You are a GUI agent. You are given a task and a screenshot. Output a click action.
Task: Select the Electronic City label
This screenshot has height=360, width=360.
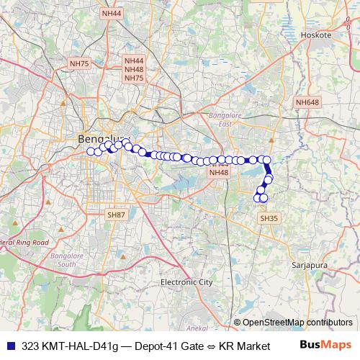[186, 282]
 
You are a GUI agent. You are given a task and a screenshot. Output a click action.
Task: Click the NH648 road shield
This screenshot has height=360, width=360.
[307, 103]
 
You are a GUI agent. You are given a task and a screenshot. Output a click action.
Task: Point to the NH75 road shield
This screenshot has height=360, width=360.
[79, 64]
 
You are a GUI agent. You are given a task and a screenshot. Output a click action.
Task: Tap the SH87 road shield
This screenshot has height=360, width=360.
[116, 215]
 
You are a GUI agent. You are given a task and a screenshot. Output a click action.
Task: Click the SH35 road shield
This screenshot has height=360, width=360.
[268, 217]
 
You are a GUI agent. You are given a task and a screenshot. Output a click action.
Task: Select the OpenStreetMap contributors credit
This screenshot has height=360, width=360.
[297, 322]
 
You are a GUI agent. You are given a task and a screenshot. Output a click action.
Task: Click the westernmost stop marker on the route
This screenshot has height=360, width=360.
[91, 150]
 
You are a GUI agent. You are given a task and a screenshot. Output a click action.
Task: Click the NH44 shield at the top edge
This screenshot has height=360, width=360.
[112, 13]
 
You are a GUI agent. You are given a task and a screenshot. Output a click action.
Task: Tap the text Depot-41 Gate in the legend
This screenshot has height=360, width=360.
[168, 346]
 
